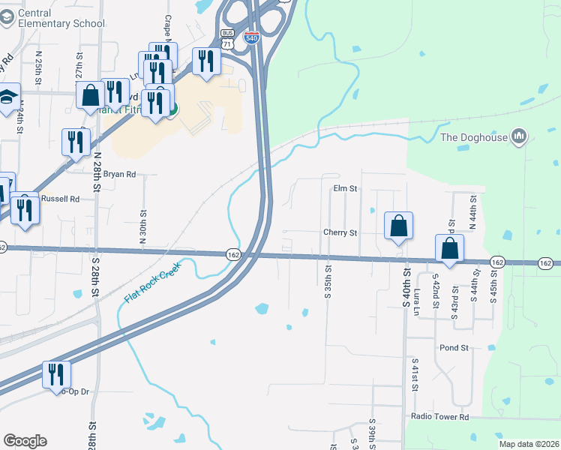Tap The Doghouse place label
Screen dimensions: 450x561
click(473, 136)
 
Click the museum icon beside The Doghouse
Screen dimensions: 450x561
click(519, 136)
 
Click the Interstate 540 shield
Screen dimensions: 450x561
click(253, 36)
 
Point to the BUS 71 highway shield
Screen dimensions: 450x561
click(228, 39)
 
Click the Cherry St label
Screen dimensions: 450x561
click(340, 232)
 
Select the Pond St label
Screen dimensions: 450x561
click(454, 348)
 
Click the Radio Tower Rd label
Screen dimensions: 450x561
click(439, 416)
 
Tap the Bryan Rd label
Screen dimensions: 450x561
click(119, 174)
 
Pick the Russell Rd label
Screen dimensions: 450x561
click(61, 199)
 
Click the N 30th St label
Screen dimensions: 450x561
click(142, 222)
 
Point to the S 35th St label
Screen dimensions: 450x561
click(328, 280)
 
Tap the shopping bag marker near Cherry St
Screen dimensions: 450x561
click(399, 226)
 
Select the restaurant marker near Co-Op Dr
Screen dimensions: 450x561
click(56, 374)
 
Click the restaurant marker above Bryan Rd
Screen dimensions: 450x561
click(76, 142)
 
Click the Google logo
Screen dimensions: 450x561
click(25, 441)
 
